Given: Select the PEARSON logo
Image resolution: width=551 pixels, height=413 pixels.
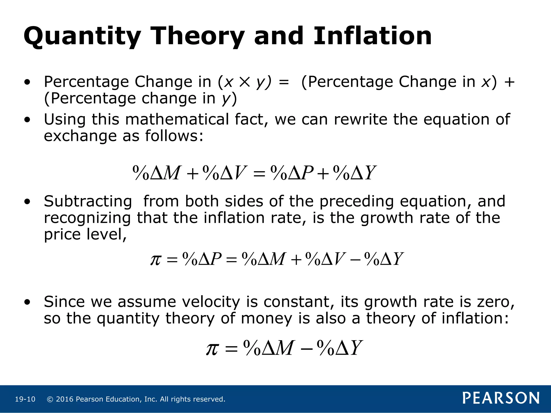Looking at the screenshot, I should (501, 398).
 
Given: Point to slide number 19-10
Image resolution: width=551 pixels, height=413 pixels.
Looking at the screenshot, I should (25, 399).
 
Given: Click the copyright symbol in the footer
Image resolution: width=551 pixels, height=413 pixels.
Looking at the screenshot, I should (50, 399).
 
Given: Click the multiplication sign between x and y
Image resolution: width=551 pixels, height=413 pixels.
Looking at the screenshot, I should (244, 82).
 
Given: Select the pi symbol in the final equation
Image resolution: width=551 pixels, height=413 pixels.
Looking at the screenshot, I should (212, 349).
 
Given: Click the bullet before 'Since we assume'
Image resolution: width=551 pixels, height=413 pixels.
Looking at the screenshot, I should (27, 302).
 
